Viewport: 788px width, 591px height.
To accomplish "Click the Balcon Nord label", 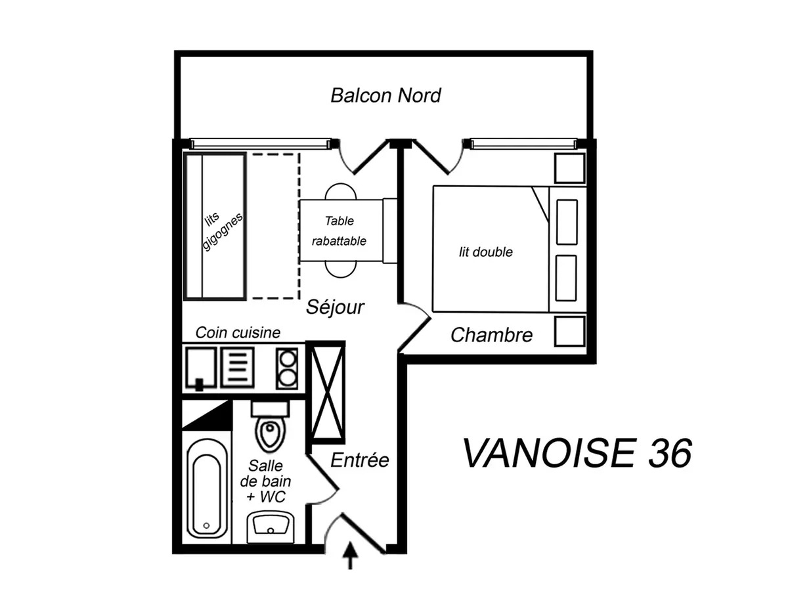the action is tap(385, 95).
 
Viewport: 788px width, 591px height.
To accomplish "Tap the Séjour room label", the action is tap(335, 307).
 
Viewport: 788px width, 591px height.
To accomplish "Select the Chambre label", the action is tap(491, 335).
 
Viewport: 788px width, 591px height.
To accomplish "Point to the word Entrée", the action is tap(359, 460).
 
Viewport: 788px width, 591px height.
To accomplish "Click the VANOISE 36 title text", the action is tap(577, 453).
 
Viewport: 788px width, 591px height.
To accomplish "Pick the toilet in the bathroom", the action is tap(271, 426).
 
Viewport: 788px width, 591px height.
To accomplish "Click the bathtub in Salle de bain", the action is tap(207, 489).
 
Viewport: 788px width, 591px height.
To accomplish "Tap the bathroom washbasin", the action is tap(271, 527).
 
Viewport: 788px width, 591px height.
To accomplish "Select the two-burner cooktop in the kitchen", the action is tap(287, 368).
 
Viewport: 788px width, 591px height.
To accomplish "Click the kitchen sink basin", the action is tap(201, 368).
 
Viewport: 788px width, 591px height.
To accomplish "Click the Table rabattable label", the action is tap(339, 230).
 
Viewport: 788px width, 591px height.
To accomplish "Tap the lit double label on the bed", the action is tap(485, 252).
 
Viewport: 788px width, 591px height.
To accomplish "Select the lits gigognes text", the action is tap(222, 230).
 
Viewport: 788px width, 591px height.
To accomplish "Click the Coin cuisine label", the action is tap(238, 333).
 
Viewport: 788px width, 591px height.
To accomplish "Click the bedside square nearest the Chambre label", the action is tap(569, 330).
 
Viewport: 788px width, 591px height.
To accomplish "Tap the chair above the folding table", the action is tap(341, 192).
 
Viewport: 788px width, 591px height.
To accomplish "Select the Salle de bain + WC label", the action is tap(266, 481).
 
